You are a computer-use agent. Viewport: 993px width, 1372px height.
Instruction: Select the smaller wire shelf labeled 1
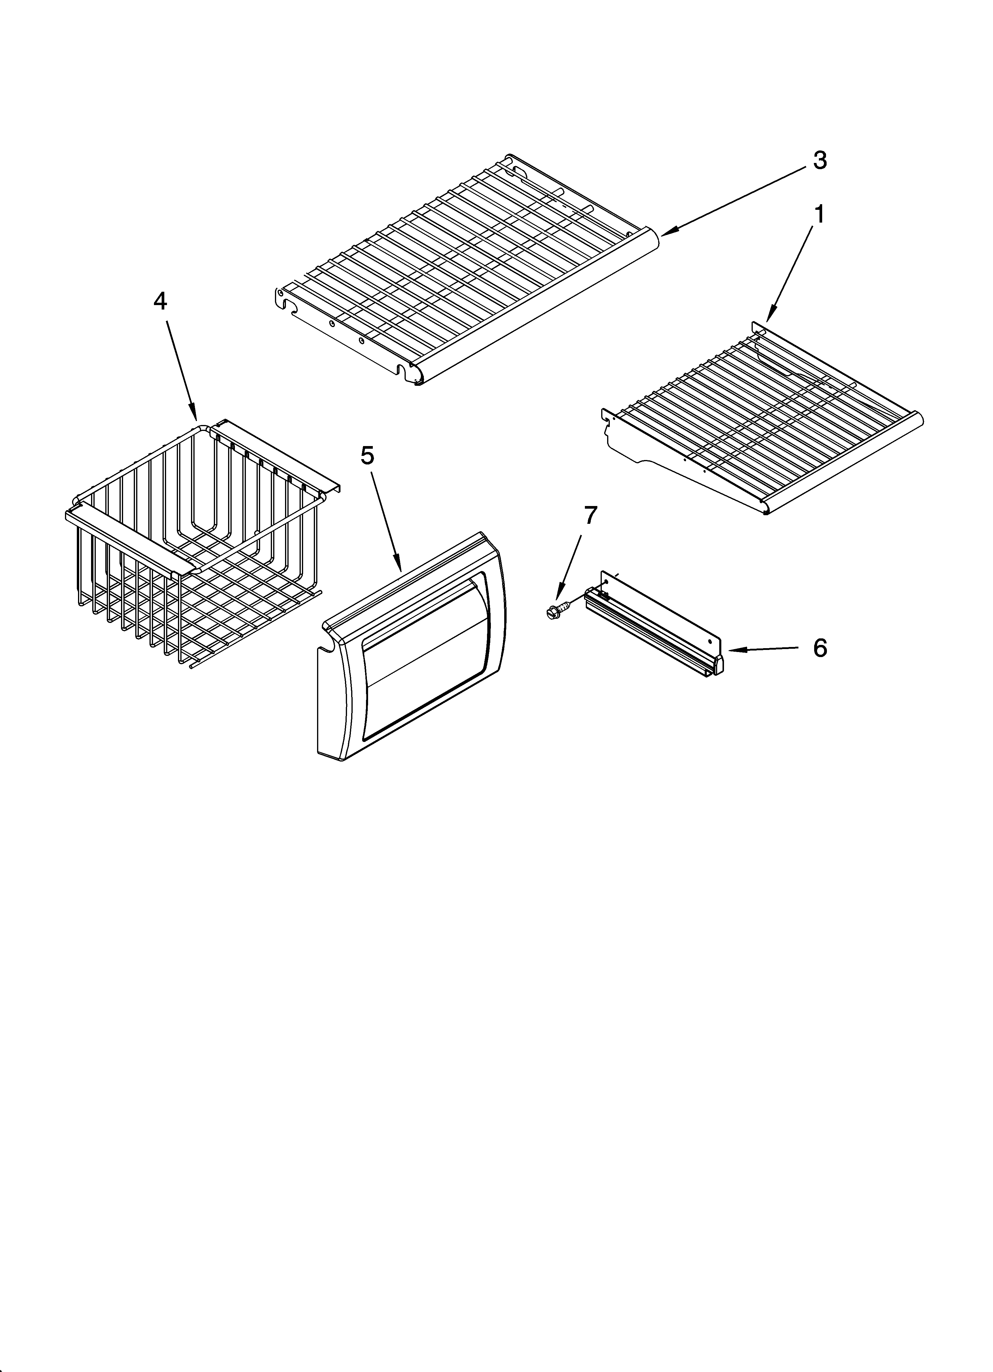point(762,417)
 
